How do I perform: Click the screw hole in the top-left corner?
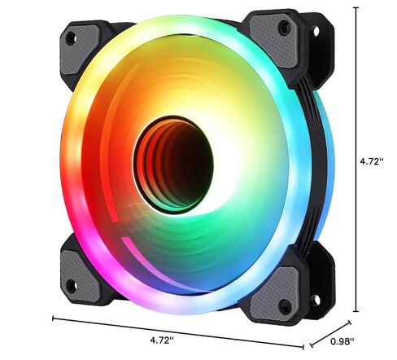click(71, 37)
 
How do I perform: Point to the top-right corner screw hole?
click(284, 28)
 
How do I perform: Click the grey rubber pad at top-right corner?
click(277, 33)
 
